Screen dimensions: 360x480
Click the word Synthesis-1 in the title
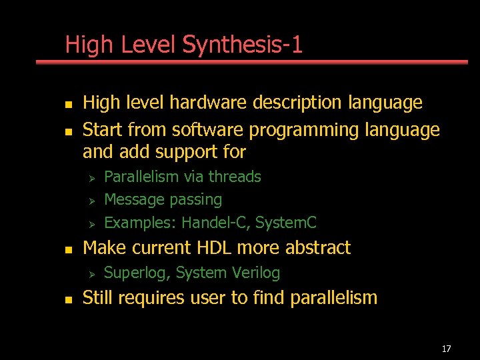pos(243,45)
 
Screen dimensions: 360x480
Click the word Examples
pos(139,222)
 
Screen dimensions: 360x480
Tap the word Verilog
pos(256,273)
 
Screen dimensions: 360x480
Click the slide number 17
pos(446,349)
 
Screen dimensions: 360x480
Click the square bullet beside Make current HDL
pos(67,249)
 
